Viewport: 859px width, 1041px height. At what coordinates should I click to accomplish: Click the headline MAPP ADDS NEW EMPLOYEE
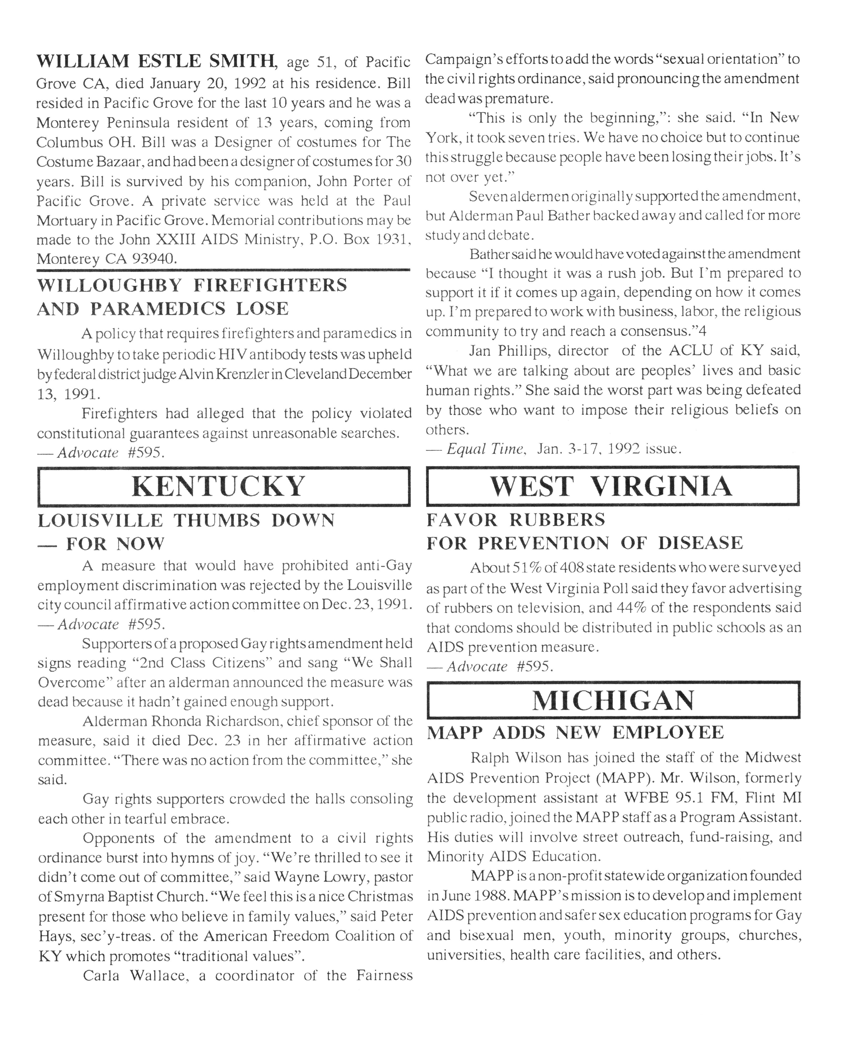(x=575, y=732)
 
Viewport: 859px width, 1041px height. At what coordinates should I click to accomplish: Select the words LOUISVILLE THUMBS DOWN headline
(x=186, y=520)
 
